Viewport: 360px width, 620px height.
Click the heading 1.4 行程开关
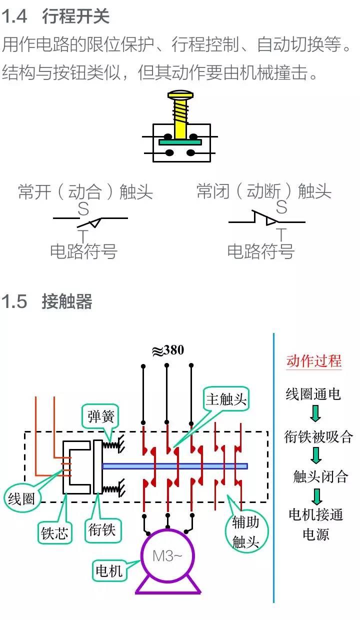(x=55, y=16)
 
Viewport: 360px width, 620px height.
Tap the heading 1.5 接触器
(x=47, y=301)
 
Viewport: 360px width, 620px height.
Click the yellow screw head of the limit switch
(x=179, y=94)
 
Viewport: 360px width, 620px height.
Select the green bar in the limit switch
(x=180, y=142)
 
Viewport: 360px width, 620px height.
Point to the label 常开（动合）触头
(x=85, y=191)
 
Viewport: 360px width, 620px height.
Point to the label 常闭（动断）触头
(x=264, y=191)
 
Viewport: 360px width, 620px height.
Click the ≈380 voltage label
(x=168, y=350)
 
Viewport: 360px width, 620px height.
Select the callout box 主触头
(x=226, y=399)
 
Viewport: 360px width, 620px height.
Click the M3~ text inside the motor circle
(x=167, y=555)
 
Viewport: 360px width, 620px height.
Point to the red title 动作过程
(x=314, y=361)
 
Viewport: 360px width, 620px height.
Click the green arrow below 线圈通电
(x=315, y=412)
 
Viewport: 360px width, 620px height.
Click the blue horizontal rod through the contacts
(x=175, y=466)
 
